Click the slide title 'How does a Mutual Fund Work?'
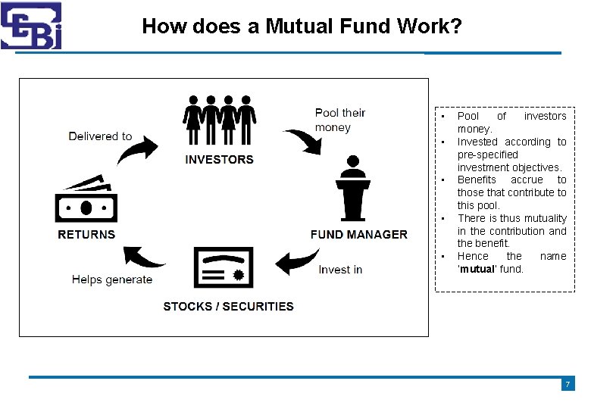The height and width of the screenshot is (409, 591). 301,27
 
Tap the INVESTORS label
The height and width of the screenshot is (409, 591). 219,159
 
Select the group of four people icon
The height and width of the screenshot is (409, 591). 219,121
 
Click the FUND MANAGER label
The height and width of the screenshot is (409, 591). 358,235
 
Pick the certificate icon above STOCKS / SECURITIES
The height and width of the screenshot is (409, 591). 224,267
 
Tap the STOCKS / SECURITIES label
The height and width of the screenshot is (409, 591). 228,307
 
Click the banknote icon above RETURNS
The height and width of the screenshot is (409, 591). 86,201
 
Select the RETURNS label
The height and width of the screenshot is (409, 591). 86,235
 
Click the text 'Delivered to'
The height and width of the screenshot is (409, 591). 100,136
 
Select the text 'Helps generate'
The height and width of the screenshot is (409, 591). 112,279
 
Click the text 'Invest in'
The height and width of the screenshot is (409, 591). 340,270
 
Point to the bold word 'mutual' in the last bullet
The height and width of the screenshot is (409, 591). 477,269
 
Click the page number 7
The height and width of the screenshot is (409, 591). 568,385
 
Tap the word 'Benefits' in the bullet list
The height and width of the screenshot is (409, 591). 477,180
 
